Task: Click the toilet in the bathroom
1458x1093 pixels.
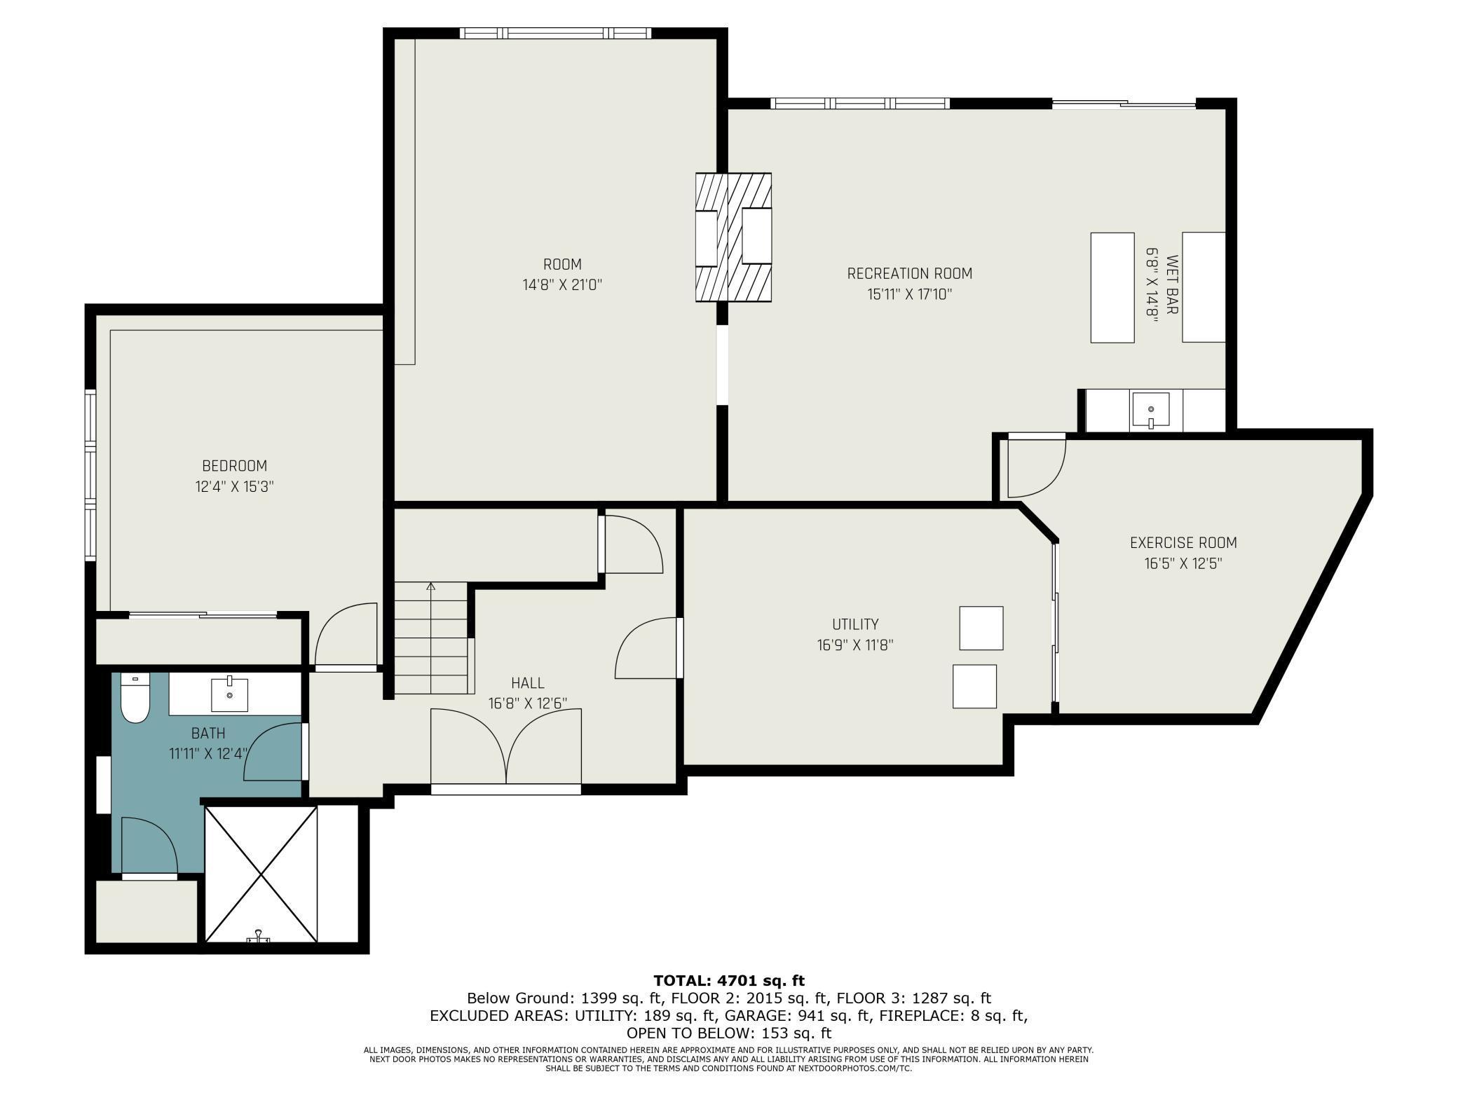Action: click(x=135, y=698)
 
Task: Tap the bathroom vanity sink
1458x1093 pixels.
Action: click(x=229, y=694)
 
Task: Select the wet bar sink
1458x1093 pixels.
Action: click(x=1150, y=411)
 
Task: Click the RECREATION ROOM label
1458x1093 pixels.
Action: click(x=909, y=274)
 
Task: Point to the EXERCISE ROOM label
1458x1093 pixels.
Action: click(x=1183, y=543)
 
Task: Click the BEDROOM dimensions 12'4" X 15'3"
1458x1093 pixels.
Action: click(x=234, y=487)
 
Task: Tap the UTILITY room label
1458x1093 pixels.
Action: click(x=855, y=624)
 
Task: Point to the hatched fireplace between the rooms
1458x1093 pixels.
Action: click(x=733, y=238)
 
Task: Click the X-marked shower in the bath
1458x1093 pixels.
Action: click(x=261, y=874)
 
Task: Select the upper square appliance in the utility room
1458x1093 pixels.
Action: click(x=981, y=628)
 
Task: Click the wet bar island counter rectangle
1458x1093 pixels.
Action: click(x=1112, y=288)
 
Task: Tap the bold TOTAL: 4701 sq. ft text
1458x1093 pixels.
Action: click(x=729, y=981)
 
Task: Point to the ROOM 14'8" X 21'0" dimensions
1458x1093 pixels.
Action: click(x=562, y=285)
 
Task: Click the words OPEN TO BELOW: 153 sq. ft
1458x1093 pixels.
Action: click(x=729, y=1033)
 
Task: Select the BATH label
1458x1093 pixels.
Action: click(x=208, y=734)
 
